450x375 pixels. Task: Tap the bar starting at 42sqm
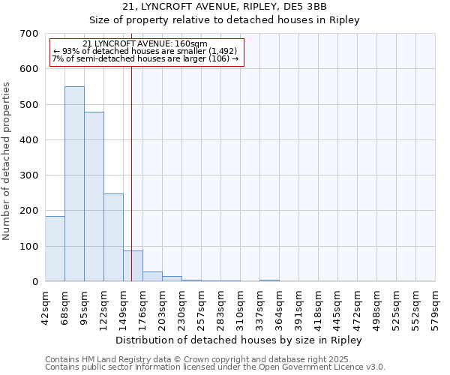coord(55,248)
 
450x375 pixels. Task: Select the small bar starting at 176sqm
coord(152,277)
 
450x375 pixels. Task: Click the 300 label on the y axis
coord(30,175)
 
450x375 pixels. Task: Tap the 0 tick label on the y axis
coord(35,282)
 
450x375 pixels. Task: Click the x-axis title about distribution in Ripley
coord(240,340)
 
